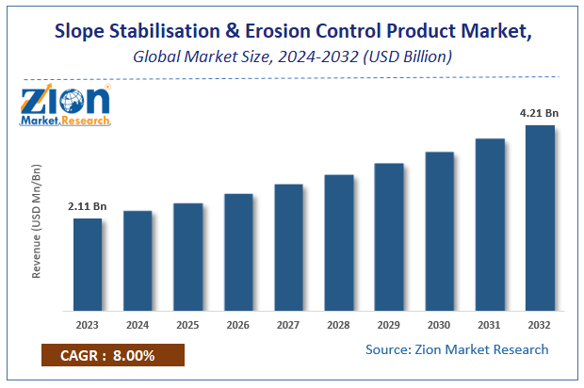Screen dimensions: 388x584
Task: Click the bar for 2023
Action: pos(88,265)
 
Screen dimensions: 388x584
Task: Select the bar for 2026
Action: pos(238,252)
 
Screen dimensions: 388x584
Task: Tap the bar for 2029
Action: pos(389,237)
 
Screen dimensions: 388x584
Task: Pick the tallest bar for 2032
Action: pos(540,218)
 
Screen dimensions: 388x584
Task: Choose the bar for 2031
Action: pos(490,225)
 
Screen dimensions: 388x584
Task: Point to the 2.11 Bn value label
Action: pos(87,205)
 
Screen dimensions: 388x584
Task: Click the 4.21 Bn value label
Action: pos(540,113)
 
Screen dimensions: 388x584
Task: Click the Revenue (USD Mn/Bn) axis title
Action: pos(39,220)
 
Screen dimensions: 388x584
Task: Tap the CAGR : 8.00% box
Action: pos(113,355)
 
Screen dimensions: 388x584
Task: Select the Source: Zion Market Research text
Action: pos(457,349)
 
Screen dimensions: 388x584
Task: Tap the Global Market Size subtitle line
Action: pos(292,57)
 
